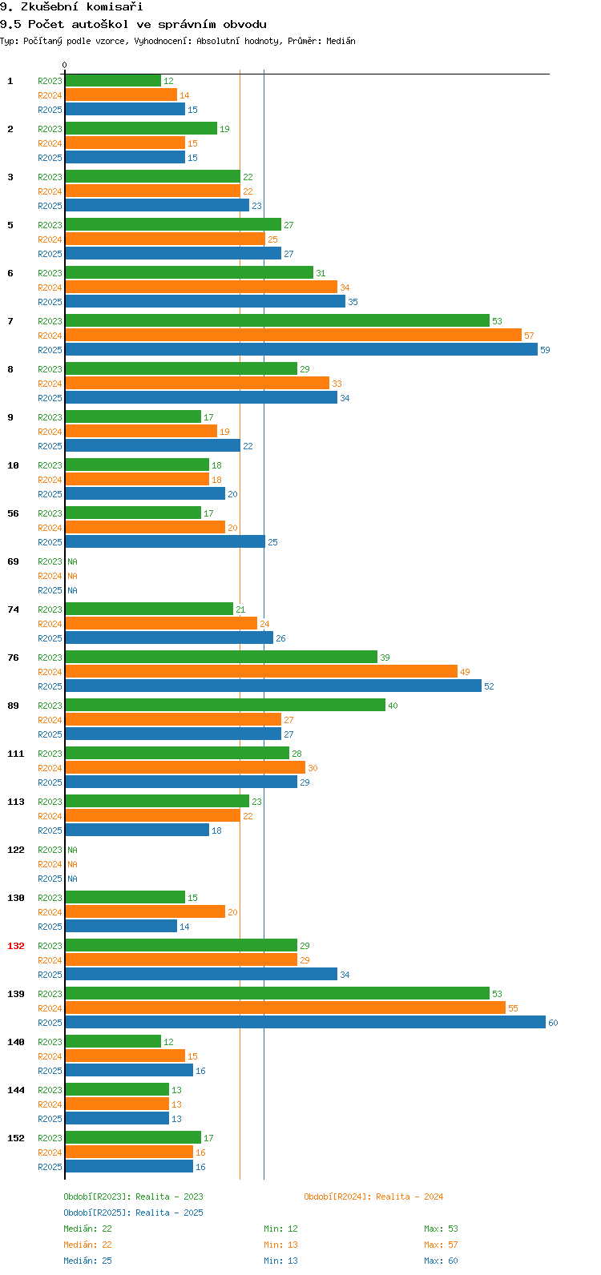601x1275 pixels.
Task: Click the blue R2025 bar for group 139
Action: pyautogui.click(x=305, y=1023)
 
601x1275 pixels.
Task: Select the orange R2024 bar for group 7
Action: pyautogui.click(x=292, y=336)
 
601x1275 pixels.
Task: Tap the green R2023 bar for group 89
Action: pyautogui.click(x=224, y=706)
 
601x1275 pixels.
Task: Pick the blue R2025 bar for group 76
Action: pyautogui.click(x=272, y=686)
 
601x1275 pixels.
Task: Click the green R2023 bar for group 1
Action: pyautogui.click(x=112, y=81)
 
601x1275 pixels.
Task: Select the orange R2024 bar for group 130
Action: pyautogui.click(x=144, y=912)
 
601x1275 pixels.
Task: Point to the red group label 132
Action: pyautogui.click(x=16, y=946)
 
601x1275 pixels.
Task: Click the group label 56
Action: pyautogui.click(x=13, y=513)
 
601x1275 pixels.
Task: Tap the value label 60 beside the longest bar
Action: pyautogui.click(x=553, y=1023)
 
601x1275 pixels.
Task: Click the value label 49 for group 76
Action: pyautogui.click(x=465, y=672)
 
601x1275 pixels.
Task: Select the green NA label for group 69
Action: pyautogui.click(x=72, y=561)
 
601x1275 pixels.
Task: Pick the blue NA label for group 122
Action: pyautogui.click(x=72, y=879)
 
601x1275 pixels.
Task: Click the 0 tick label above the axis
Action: pyautogui.click(x=65, y=65)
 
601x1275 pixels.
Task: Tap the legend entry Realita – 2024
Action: pyautogui.click(x=373, y=1197)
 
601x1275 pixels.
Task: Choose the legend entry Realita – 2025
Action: pyautogui.click(x=133, y=1213)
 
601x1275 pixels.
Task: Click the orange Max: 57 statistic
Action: pyautogui.click(x=441, y=1245)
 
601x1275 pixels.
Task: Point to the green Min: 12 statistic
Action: pyautogui.click(x=280, y=1229)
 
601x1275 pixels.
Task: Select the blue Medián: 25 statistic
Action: pyautogui.click(x=87, y=1261)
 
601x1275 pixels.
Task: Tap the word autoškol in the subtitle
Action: pyautogui.click(x=100, y=25)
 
